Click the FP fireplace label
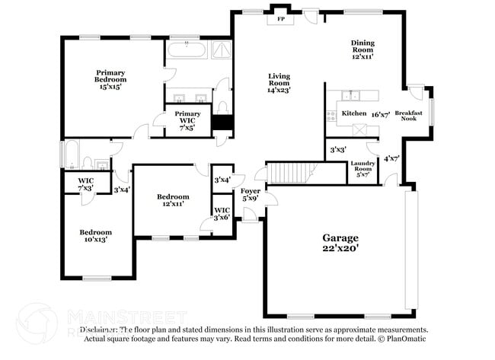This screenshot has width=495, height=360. click(x=279, y=18)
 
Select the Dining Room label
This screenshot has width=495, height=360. click(x=362, y=49)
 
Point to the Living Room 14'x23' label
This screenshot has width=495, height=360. click(x=279, y=82)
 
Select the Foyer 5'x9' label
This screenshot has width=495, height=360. click(x=250, y=194)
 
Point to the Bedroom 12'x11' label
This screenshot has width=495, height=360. click(x=172, y=199)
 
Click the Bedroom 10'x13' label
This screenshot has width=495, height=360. click(x=96, y=235)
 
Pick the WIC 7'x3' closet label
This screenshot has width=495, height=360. click(x=85, y=184)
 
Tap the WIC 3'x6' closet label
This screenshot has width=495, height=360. click(x=222, y=213)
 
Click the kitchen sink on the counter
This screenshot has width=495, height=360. click(x=352, y=95)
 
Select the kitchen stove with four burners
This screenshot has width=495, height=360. click(x=331, y=116)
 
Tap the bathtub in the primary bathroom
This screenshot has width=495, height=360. click(x=185, y=51)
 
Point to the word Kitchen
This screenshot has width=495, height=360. click(x=353, y=113)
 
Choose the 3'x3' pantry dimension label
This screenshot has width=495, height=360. click(x=337, y=149)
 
